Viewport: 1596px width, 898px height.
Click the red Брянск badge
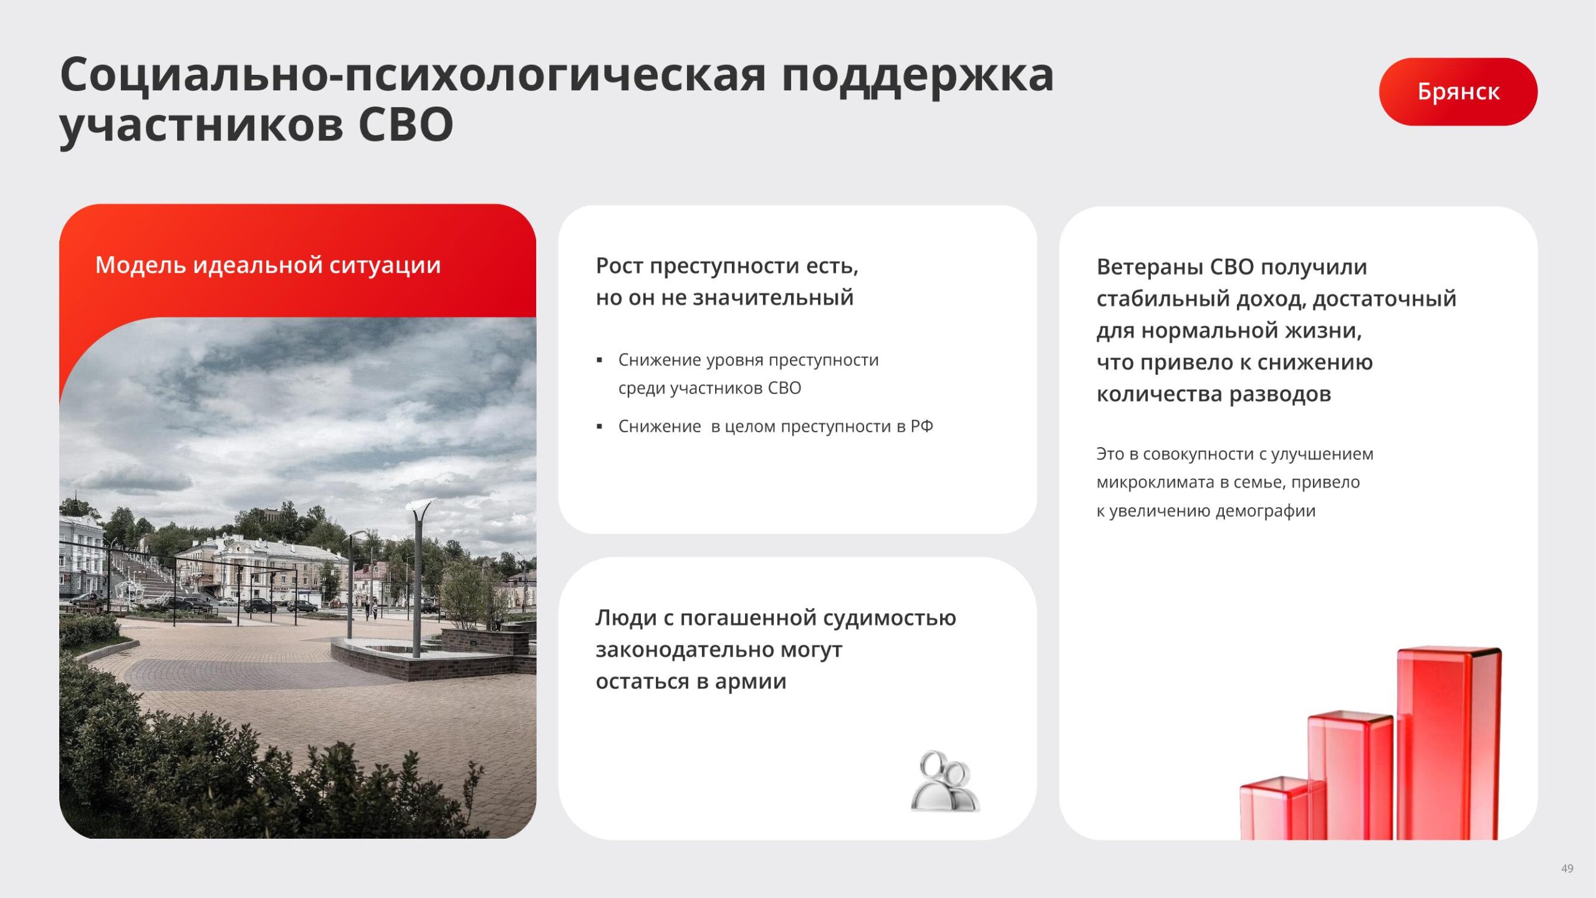(x=1458, y=92)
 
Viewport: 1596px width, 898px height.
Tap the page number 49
(x=1567, y=868)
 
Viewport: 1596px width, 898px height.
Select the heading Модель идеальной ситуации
(x=268, y=266)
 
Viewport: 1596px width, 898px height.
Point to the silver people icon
(x=945, y=781)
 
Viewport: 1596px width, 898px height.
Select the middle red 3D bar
(x=1350, y=775)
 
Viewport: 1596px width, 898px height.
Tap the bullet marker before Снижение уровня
(x=599, y=360)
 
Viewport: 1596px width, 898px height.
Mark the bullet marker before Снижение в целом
(x=599, y=427)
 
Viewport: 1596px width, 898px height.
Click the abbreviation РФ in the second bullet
(x=921, y=427)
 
